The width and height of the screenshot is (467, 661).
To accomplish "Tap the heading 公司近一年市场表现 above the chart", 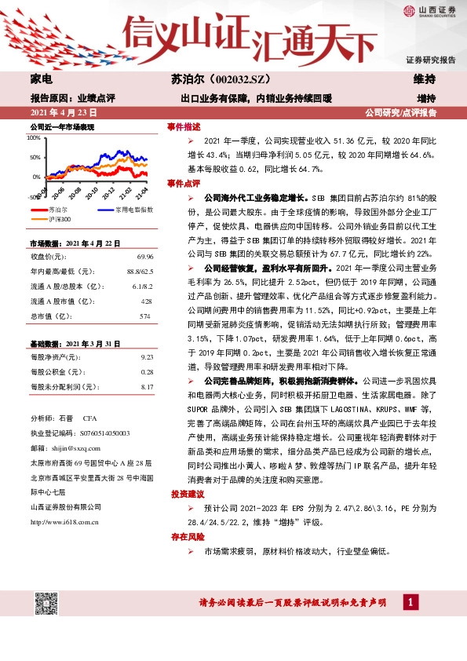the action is click(62, 126).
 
